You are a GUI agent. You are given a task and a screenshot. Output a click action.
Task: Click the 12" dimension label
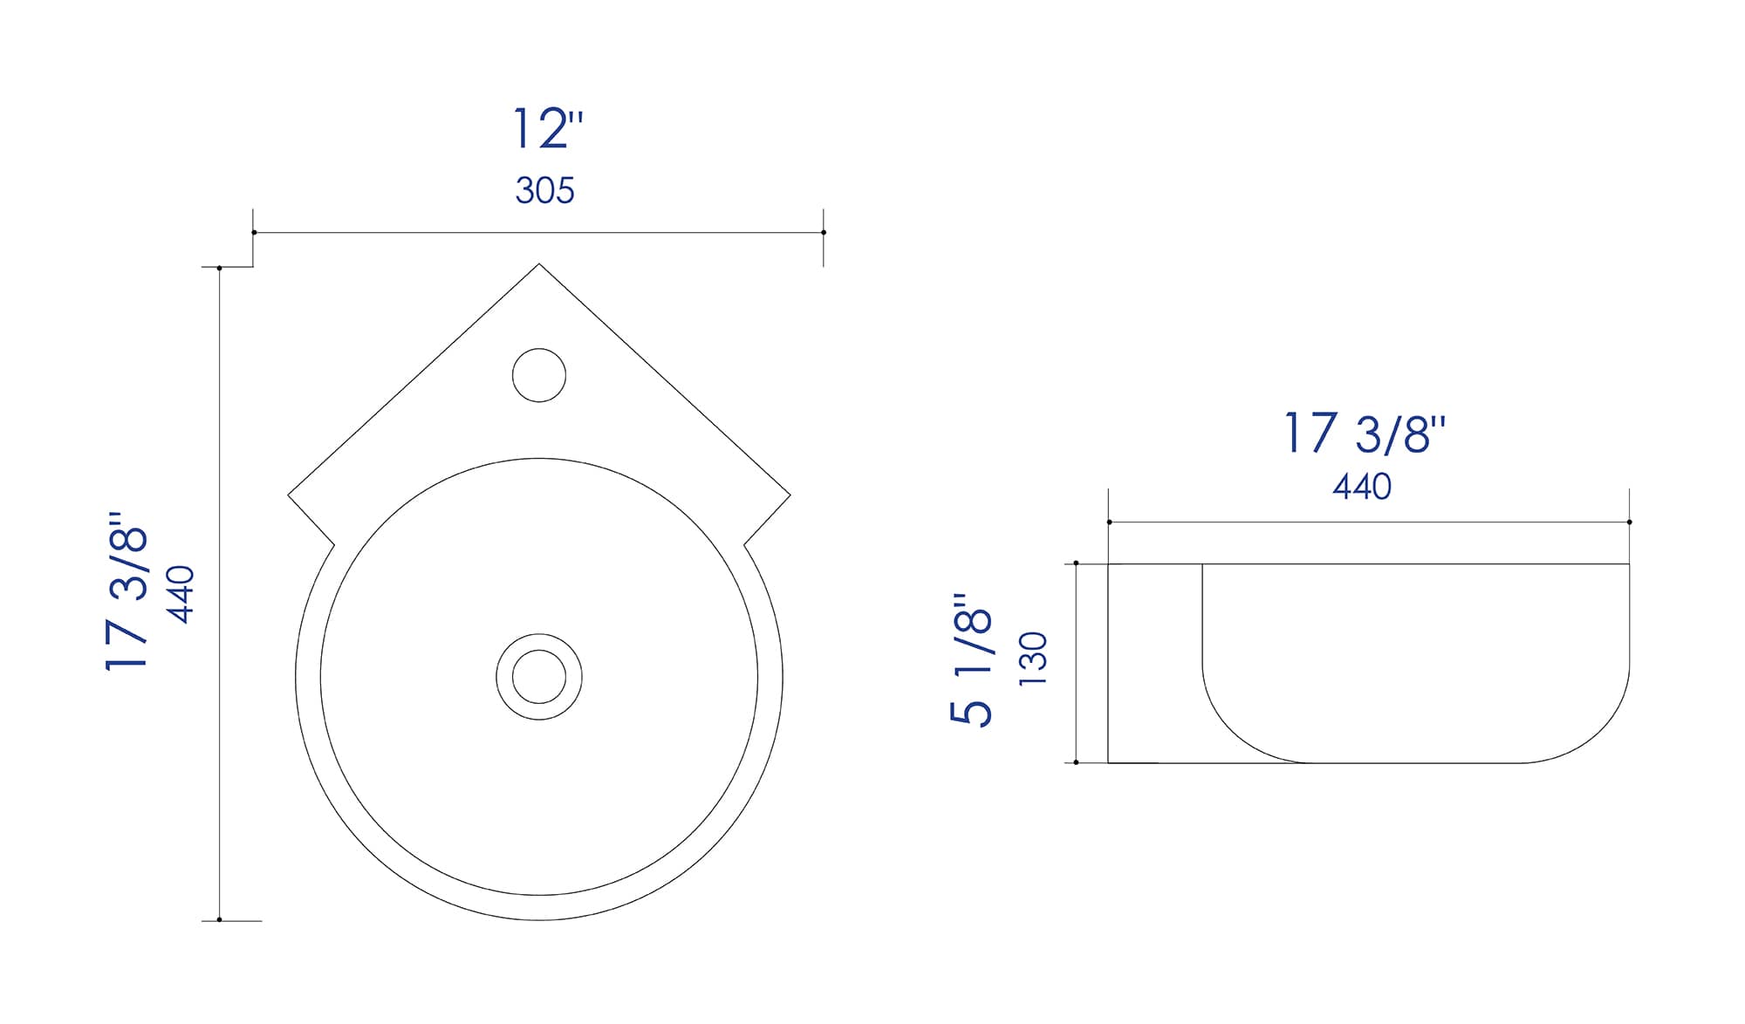[x=546, y=129]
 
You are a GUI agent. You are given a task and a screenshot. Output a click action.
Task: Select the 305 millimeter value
[x=544, y=190]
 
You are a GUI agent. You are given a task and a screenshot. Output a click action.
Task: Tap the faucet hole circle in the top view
[x=539, y=375]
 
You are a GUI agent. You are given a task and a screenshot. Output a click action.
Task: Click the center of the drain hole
[x=539, y=677]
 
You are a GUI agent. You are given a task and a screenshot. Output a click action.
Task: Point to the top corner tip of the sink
[x=539, y=264]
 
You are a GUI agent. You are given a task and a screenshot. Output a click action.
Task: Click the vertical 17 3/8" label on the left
[x=127, y=593]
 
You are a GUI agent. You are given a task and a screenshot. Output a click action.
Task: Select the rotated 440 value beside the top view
[x=181, y=594]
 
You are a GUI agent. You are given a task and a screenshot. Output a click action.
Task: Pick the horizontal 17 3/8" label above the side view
[x=1364, y=433]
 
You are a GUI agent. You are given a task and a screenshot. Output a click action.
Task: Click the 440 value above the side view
[x=1361, y=487]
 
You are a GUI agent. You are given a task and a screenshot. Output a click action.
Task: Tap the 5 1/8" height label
[x=971, y=659]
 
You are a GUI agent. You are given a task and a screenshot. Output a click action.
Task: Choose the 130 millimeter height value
[x=1033, y=659]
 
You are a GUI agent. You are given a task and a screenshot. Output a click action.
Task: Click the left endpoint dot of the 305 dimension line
[x=254, y=232]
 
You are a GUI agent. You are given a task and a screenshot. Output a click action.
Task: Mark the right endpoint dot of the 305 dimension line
[x=824, y=232]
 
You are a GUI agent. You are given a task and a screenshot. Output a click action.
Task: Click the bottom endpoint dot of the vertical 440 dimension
[x=219, y=919]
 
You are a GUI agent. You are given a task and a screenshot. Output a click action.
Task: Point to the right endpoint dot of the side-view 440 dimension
[x=1629, y=522]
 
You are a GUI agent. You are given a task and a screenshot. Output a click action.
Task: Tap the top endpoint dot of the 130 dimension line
[x=1076, y=563]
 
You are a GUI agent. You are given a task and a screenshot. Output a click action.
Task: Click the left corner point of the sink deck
[x=289, y=495]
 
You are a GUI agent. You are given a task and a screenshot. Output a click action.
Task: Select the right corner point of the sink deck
[x=790, y=495]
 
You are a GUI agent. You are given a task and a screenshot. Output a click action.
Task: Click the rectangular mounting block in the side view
[x=1155, y=663]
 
